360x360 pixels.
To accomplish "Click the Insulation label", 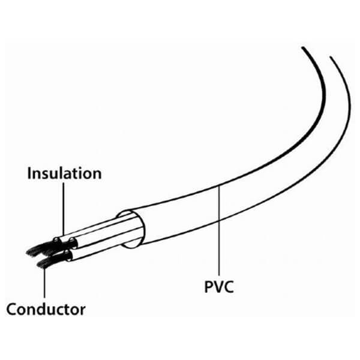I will coord(64,173).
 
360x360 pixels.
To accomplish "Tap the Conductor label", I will coord(46,310).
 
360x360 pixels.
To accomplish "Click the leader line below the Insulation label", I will coord(62,210).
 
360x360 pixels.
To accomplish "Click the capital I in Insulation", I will coord(30,173).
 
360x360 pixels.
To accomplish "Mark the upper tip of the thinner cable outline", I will coord(331,58).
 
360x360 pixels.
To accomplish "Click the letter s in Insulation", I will coord(47,174).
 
